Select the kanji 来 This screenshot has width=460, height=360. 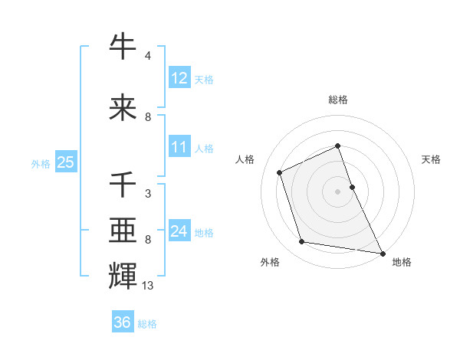pos(123,107)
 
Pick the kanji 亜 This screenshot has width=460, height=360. pos(123,227)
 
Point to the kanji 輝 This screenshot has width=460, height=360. pos(123,274)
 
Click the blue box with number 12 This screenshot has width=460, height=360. pos(179,77)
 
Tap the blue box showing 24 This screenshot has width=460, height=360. pos(179,231)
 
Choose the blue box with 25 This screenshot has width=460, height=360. pos(65,162)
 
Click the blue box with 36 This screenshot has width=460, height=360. pos(122,322)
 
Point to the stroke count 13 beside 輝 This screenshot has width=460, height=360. pos(148,286)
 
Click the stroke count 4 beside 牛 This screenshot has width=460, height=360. pos(147,56)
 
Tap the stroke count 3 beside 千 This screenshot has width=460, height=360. pos(147,194)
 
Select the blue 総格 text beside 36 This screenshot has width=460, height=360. pos(147,324)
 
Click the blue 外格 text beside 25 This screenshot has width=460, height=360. pos(41,163)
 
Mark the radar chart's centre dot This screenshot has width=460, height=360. pos(337,191)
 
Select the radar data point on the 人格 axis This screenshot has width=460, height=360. pos(280,172)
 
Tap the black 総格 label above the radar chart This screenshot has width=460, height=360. pos(338,100)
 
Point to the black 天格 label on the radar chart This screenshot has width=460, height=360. pos(431,159)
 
